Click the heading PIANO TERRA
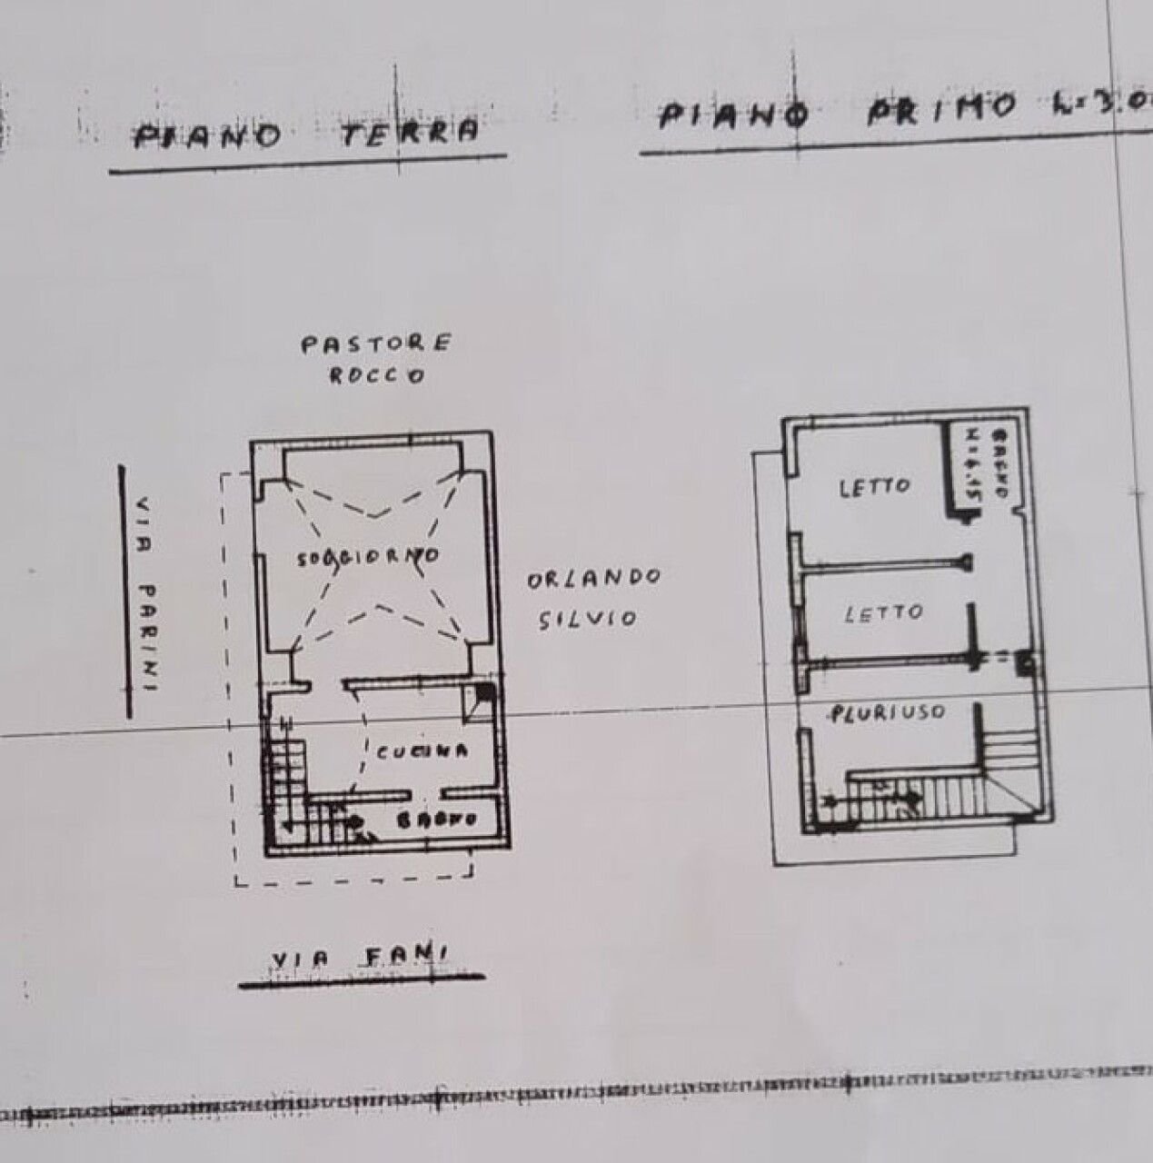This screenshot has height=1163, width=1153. [x=307, y=134]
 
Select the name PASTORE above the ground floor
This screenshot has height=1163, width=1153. [x=375, y=344]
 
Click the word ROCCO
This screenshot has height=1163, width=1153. [x=375, y=375]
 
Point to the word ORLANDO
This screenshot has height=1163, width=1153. [x=594, y=578]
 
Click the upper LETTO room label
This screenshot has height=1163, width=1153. [x=873, y=486]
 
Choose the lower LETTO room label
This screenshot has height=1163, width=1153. [x=882, y=614]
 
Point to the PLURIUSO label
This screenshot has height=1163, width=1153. [x=886, y=713]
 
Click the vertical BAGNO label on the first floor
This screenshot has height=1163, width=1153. [x=1000, y=462]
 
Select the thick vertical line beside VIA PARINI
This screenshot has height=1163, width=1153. [x=124, y=591]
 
